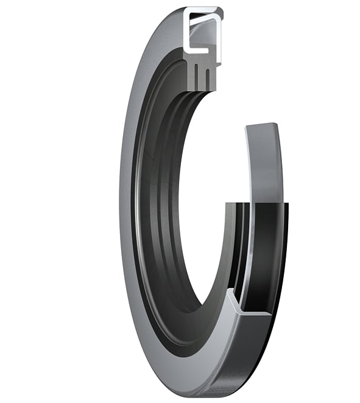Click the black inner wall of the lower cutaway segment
coord(268,256)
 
